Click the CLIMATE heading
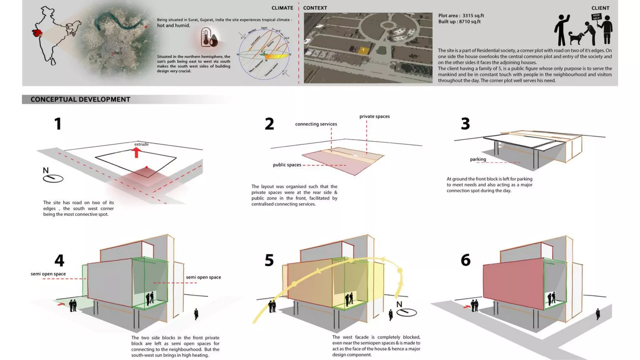coord(282,8)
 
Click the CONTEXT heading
coord(315,8)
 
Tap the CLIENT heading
coord(600,8)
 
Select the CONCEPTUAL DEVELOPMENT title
coord(80,99)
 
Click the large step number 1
coord(58,124)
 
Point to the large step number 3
coord(465,124)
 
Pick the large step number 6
coord(465,260)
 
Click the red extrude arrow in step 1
coord(136,152)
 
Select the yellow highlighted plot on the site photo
coord(363,50)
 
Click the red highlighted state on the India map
coord(37,32)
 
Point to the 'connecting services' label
coord(316,124)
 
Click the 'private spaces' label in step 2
coord(374,117)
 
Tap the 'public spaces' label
coord(287,165)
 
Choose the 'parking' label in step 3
coord(478,159)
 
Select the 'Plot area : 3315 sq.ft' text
coord(461,16)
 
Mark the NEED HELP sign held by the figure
coord(596,17)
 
